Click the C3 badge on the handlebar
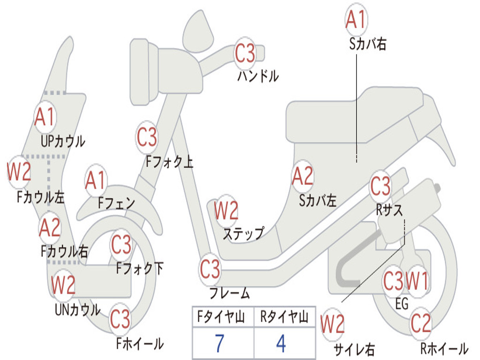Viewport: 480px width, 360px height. click(245, 53)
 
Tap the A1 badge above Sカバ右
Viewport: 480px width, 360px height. click(356, 19)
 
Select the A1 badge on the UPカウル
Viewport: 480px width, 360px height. click(45, 117)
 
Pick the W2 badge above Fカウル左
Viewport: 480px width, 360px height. click(19, 172)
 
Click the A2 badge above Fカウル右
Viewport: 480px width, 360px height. click(50, 227)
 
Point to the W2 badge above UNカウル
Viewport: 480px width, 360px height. click(63, 285)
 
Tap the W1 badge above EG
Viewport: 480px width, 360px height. click(417, 281)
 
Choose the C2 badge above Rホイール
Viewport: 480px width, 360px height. click(421, 323)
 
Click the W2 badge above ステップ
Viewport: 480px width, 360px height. click(226, 210)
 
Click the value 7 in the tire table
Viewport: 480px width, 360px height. click(219, 343)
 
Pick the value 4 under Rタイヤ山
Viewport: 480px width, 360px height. click(281, 343)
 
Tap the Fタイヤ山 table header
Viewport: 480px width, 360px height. click(221, 317)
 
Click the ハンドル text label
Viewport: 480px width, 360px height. click(258, 75)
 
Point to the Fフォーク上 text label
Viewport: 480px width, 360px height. click(169, 162)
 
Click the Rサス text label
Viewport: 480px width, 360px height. click(389, 210)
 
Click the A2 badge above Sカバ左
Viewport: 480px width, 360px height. click(303, 176)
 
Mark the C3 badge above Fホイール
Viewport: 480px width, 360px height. click(120, 318)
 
